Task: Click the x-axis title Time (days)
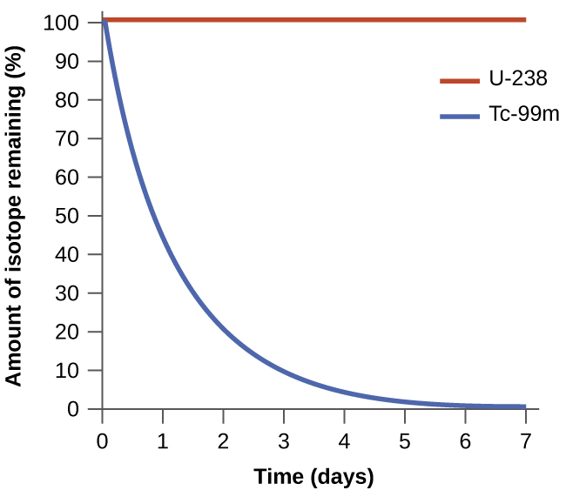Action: click(313, 476)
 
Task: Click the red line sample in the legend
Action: click(460, 80)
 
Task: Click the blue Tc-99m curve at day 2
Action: click(224, 330)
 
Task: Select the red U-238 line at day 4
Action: click(344, 19)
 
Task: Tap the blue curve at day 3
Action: click(284, 372)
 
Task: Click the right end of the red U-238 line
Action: click(524, 19)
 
